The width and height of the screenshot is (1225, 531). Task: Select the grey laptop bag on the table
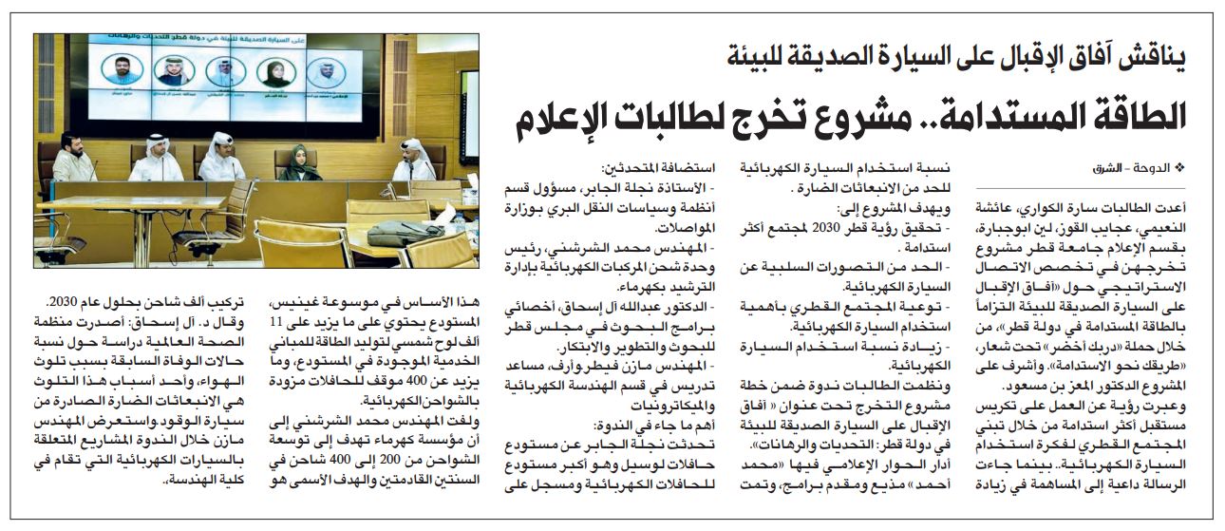pyautogui.click(x=405, y=232)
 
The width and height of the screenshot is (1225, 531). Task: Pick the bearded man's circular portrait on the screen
pyautogui.click(x=124, y=68)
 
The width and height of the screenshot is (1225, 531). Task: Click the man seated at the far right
pyautogui.click(x=415, y=161)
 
